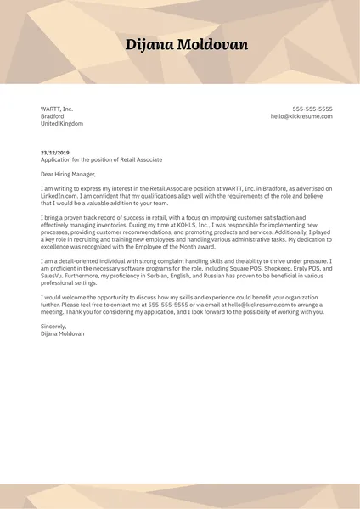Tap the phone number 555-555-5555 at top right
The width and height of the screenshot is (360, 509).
(x=312, y=109)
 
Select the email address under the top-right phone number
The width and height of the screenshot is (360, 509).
(x=301, y=116)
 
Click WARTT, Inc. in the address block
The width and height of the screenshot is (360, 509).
(x=57, y=109)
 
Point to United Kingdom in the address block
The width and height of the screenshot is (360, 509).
(x=62, y=124)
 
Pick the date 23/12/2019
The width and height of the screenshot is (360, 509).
(x=54, y=153)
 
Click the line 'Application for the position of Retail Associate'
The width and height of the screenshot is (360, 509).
(x=101, y=159)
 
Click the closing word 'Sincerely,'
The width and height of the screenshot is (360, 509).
(x=54, y=327)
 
